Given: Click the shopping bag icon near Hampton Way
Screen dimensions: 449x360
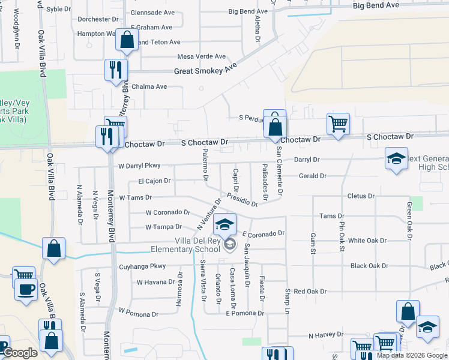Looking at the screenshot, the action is [127, 40].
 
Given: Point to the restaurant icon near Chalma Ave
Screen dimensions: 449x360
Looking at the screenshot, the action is [116, 70].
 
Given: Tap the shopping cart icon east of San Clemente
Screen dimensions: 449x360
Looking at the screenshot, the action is [338, 124].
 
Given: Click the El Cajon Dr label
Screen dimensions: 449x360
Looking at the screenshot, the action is [154, 181].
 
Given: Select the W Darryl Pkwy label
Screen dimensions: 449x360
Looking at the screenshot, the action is [140, 166].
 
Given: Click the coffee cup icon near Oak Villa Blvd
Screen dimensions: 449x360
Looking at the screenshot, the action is [26, 289].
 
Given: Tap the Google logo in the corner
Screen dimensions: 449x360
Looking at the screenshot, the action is [20, 353].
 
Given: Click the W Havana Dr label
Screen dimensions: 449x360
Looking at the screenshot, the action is [155, 282].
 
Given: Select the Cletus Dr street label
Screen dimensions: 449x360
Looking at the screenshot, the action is [361, 196].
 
